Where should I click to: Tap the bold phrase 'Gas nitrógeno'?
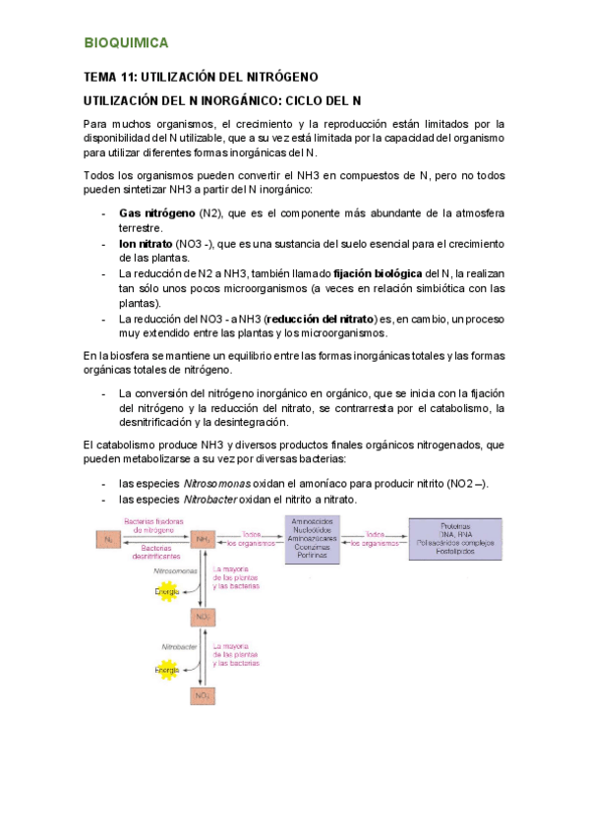(x=157, y=212)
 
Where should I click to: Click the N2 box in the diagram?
(x=106, y=539)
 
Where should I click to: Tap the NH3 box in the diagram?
(x=204, y=539)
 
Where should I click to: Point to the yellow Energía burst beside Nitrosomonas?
(x=167, y=591)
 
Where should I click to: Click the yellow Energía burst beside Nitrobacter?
(x=167, y=671)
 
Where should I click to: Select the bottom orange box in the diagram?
(x=202, y=696)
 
